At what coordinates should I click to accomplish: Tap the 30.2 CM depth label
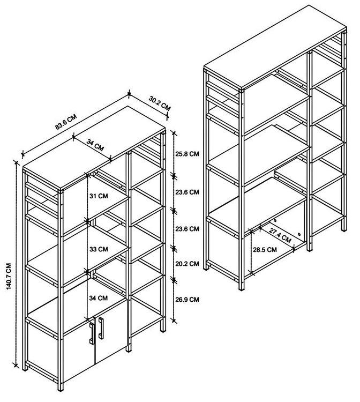click(x=160, y=103)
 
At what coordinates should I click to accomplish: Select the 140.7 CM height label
click(x=9, y=276)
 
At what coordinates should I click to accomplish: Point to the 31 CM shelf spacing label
click(x=99, y=196)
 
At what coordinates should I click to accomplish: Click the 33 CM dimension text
click(x=99, y=249)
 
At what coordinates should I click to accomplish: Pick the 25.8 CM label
click(x=187, y=154)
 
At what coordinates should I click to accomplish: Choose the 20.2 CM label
click(x=187, y=263)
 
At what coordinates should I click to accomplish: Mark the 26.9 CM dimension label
click(x=187, y=299)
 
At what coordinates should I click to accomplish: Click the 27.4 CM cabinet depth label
click(x=280, y=235)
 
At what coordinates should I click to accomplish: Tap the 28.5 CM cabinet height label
click(x=265, y=249)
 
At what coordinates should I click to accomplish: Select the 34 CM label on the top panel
click(x=95, y=145)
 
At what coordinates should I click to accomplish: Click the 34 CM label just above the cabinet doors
click(x=99, y=298)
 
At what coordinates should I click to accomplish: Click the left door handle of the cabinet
click(x=92, y=333)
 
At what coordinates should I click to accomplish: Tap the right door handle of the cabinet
click(x=101, y=328)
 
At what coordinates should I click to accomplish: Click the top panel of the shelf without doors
click(x=275, y=47)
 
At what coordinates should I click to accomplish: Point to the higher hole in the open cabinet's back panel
click(x=275, y=220)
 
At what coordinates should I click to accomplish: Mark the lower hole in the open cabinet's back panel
click(x=299, y=234)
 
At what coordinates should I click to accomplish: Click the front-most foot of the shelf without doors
click(x=241, y=288)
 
